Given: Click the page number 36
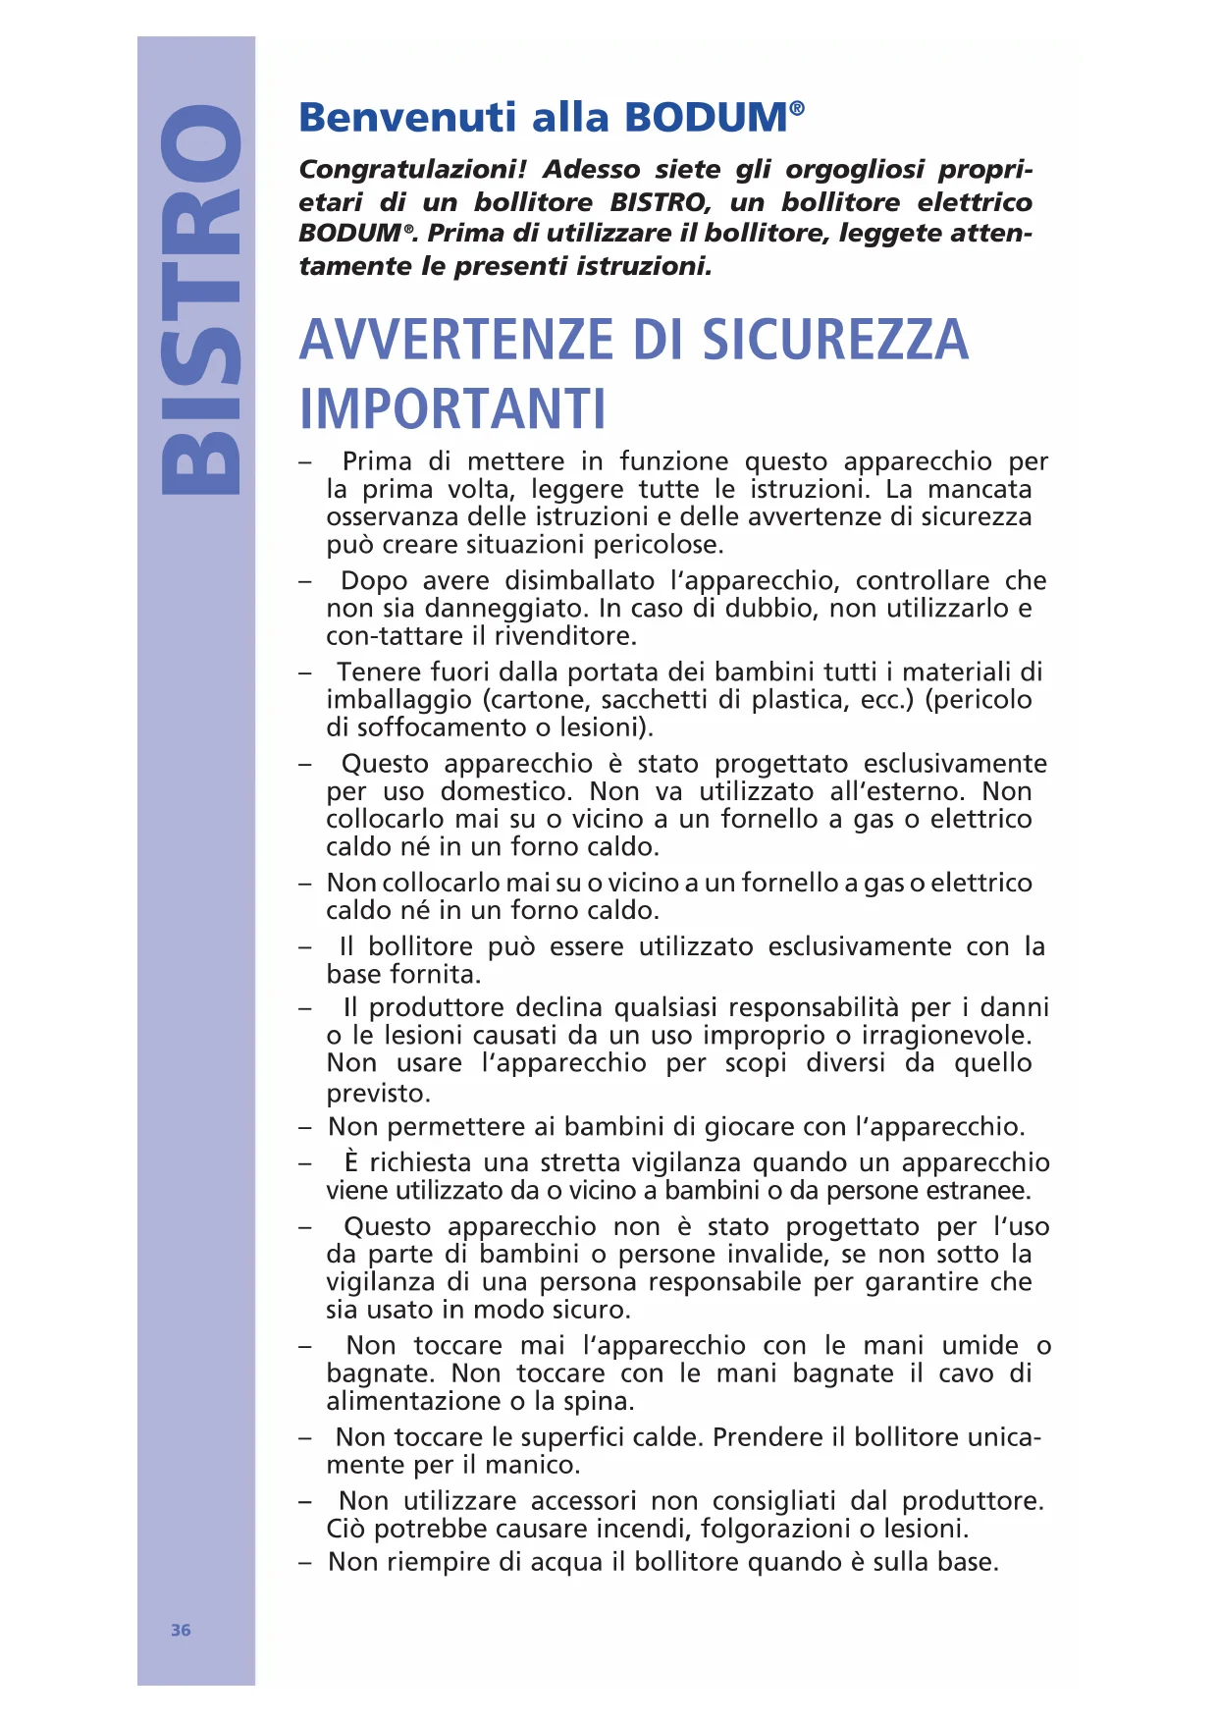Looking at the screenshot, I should coord(181,1630).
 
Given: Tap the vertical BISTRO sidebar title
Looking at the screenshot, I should coord(200,298).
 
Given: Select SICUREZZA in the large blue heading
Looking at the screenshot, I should coord(834,340).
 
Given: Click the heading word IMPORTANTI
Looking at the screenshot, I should coord(452,409).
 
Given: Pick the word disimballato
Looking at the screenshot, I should coord(579,580).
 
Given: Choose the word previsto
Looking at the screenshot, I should coord(379,1093).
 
